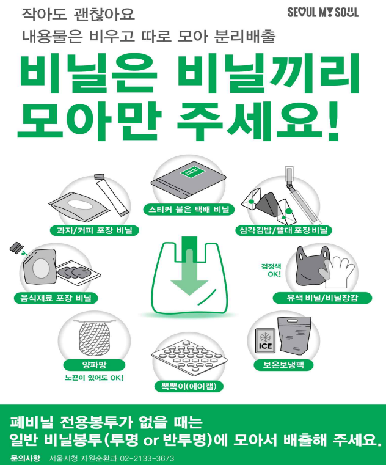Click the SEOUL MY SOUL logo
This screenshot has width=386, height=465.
click(323, 12)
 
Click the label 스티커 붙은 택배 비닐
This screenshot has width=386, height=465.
click(189, 210)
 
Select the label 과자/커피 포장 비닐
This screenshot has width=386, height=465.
click(94, 230)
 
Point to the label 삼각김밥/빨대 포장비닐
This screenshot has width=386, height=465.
click(283, 230)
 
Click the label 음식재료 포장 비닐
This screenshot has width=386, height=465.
click(56, 298)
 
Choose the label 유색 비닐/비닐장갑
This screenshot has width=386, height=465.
click(322, 298)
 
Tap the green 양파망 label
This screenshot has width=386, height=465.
click(94, 365)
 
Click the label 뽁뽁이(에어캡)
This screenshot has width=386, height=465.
click(189, 386)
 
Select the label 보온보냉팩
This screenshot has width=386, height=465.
click(283, 364)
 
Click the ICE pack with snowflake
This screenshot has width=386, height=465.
click(265, 340)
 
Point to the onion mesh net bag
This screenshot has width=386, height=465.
click(94, 338)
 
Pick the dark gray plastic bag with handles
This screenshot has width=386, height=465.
click(310, 268)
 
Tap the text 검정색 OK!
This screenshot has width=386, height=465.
click(271, 270)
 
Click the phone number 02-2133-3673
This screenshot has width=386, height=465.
click(147, 458)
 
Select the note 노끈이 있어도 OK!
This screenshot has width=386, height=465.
click(94, 378)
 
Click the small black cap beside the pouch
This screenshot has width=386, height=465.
click(16, 247)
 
